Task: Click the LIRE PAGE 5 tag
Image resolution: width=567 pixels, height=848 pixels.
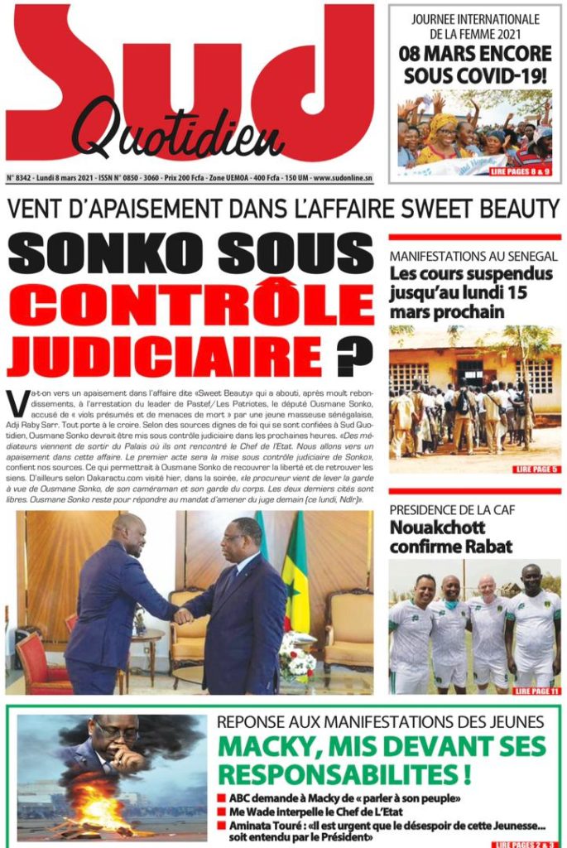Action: point(530,470)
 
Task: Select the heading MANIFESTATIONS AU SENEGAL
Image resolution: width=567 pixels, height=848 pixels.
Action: point(473,258)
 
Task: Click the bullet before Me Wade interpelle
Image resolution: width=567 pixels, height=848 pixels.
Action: point(221,812)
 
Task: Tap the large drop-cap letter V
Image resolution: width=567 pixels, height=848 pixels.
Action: point(15,403)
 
